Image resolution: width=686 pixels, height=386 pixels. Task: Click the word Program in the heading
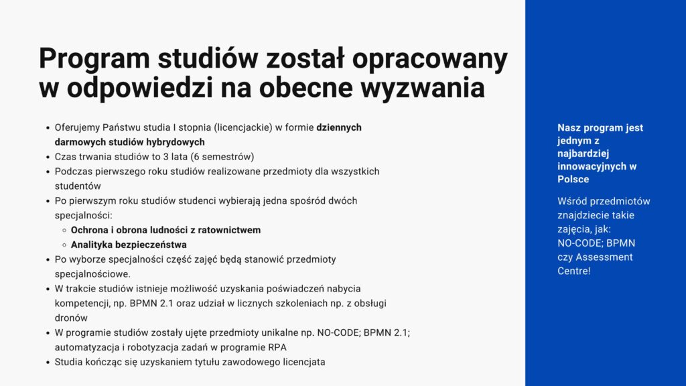click(x=94, y=59)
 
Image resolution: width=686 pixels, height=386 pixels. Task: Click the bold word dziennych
click(x=339, y=127)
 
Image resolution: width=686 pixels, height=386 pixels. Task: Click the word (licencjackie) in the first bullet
click(x=243, y=127)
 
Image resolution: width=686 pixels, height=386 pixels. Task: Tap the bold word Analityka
click(x=91, y=245)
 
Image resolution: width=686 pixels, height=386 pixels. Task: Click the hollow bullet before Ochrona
click(x=64, y=231)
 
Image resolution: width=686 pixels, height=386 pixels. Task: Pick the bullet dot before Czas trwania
click(x=48, y=157)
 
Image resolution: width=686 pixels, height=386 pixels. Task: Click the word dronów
click(x=71, y=318)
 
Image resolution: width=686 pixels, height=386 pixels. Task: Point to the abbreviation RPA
click(x=277, y=347)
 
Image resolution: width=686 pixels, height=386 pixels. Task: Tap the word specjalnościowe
click(x=92, y=274)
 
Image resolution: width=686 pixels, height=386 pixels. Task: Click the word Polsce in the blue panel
click(x=573, y=179)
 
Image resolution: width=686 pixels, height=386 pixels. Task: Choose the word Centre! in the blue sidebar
click(x=574, y=271)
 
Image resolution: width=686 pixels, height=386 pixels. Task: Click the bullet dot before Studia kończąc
click(x=48, y=363)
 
